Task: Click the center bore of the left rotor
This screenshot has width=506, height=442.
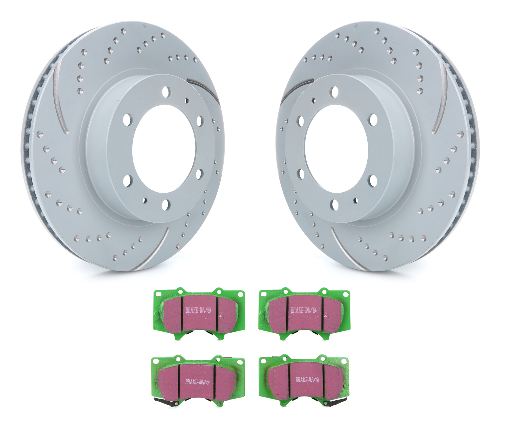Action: tap(164, 149)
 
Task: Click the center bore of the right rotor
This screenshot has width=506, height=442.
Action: tap(336, 149)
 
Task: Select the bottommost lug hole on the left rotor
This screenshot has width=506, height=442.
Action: tap(166, 205)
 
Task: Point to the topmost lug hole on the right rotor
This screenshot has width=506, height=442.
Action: tap(335, 91)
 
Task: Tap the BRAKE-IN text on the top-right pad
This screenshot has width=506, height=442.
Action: tap(304, 310)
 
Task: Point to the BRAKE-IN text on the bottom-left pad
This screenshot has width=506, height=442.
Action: tap(197, 382)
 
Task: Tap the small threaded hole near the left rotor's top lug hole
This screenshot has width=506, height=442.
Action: tap(187, 101)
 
